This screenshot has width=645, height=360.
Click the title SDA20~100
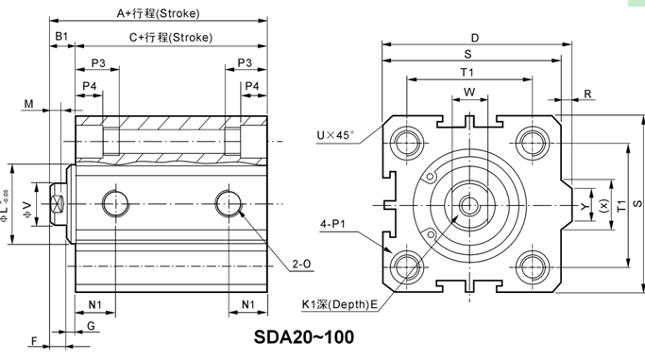[303, 337]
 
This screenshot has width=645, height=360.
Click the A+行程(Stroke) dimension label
[158, 13]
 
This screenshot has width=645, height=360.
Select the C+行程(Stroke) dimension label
[171, 38]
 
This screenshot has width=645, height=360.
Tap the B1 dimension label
[61, 36]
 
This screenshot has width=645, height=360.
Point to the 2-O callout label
[301, 265]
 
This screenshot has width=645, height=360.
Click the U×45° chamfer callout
[335, 135]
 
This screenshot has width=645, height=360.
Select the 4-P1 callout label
[332, 224]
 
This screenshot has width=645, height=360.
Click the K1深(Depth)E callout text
[339, 304]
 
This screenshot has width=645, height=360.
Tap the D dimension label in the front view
[475, 38]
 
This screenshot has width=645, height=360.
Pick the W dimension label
[469, 93]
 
